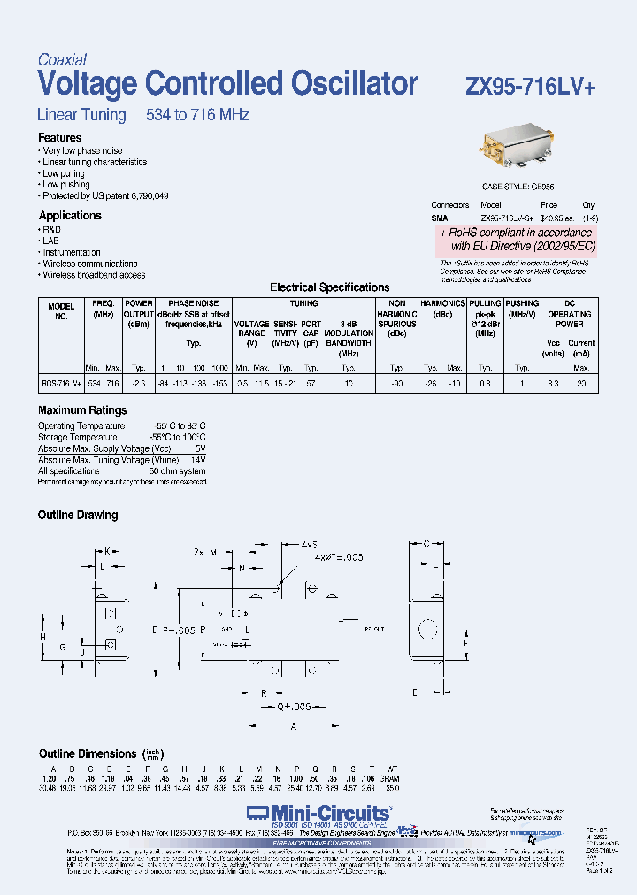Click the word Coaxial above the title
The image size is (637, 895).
(x=61, y=60)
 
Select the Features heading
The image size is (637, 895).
(x=59, y=138)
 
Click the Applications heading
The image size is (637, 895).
(x=70, y=216)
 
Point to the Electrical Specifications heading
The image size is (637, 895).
(x=329, y=287)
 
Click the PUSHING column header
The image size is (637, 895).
(x=523, y=303)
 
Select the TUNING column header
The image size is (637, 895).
(x=303, y=303)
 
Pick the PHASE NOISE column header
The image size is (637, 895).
(x=194, y=303)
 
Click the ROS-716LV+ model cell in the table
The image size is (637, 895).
(x=61, y=383)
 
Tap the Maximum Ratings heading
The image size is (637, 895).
(x=82, y=410)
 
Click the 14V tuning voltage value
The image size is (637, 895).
(x=197, y=460)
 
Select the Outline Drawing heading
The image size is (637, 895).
(x=78, y=515)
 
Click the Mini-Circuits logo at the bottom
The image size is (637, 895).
(x=318, y=812)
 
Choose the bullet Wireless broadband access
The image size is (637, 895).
(x=95, y=275)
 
